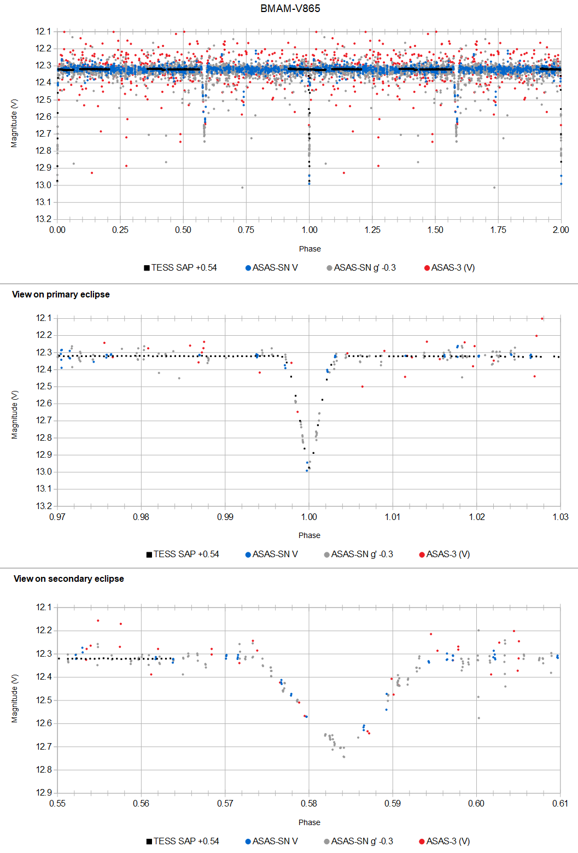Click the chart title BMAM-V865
click(x=290, y=8)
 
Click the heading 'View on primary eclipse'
click(x=61, y=294)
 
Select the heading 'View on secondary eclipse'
click(x=68, y=579)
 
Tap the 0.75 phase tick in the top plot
click(x=246, y=230)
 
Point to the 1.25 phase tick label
click(x=372, y=230)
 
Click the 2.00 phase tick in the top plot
click(x=561, y=230)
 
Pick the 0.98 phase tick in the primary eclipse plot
click(x=141, y=517)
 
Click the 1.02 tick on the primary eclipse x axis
click(x=477, y=517)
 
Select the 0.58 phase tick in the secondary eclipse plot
click(x=309, y=803)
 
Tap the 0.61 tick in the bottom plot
click(x=560, y=803)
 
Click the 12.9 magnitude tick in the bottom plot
click(x=43, y=792)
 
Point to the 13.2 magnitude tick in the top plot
click(x=43, y=219)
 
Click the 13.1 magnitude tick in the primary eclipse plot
click(x=43, y=489)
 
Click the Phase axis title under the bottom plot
click(x=310, y=822)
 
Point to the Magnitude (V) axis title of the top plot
click(x=14, y=123)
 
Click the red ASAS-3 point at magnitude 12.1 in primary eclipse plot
click(x=542, y=318)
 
